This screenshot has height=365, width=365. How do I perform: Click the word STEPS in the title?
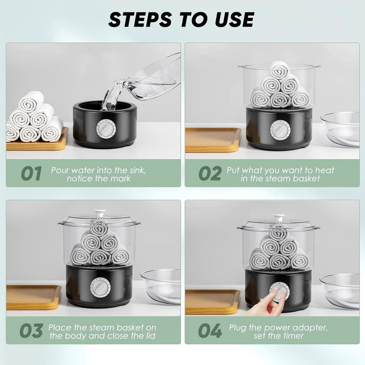pos(140,19)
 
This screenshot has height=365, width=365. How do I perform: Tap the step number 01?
pos(31,173)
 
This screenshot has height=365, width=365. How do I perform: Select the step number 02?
pos(210,173)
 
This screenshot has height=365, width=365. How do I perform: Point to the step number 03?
pos(31,331)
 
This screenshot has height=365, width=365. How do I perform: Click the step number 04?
pos(210,331)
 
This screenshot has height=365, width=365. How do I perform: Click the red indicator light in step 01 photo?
pos(106,142)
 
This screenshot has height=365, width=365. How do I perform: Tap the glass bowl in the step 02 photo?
pos(340,130)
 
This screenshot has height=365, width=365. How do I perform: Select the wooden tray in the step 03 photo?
pos(34,297)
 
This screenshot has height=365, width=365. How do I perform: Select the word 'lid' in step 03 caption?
pos(150,336)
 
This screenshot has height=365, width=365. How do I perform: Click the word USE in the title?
pos(234,19)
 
